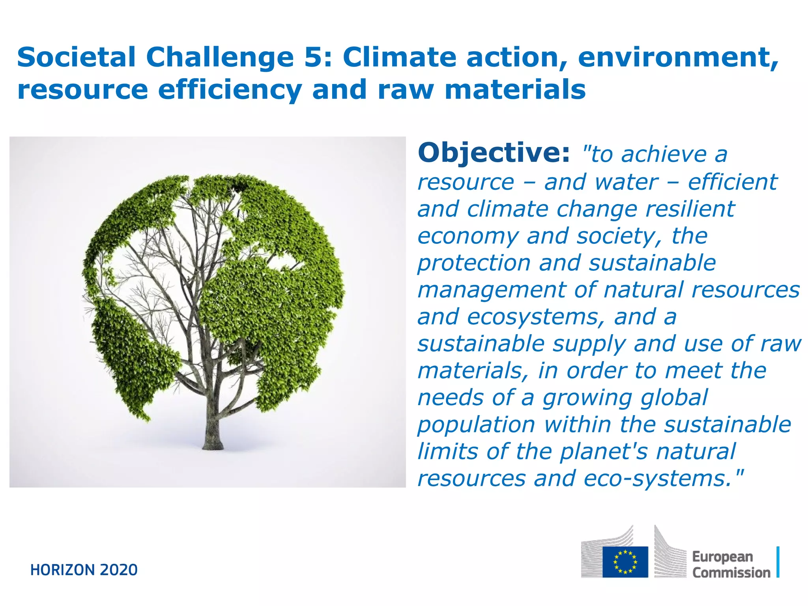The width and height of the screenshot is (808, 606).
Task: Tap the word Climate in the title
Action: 399,57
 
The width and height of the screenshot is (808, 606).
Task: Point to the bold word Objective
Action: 494,153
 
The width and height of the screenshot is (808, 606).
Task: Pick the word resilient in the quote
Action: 690,209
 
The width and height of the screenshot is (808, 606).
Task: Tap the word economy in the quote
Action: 468,236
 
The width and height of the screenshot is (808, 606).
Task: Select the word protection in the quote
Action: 474,263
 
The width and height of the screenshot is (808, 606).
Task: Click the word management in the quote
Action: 492,290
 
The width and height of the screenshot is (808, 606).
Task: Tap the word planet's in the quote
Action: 604,452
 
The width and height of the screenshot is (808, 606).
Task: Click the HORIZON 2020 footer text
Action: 84,570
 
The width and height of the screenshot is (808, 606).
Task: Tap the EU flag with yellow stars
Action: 625,561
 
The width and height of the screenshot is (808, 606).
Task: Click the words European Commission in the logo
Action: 731,565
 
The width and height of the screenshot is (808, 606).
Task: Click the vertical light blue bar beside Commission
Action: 778,562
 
